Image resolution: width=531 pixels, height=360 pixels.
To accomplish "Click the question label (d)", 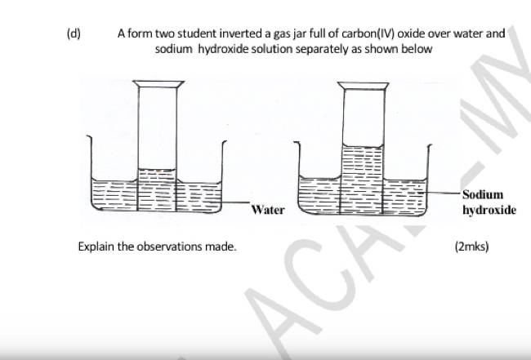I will pos(73,34).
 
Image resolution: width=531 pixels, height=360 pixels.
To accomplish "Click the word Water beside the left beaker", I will pos(268,210).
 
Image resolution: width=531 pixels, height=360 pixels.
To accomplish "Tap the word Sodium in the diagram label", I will pos(482,194).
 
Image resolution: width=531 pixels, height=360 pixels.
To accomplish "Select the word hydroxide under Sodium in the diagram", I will pos(489,210).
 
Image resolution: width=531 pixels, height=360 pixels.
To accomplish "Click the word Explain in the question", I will pos(96,246).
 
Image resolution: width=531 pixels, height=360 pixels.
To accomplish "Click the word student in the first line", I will pos(194,34).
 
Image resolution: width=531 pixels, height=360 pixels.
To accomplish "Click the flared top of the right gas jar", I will pos(362,84).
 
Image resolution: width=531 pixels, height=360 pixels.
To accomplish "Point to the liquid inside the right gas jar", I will pos(362,171).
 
